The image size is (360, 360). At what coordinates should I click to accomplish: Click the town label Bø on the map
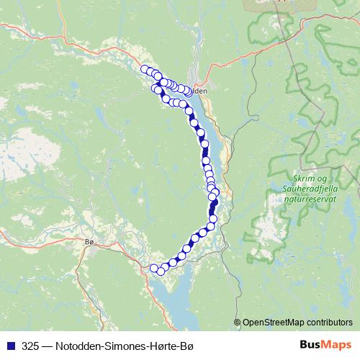click(89, 242)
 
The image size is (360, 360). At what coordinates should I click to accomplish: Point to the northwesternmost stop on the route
click(145, 69)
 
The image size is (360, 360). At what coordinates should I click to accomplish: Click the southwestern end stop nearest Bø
click(153, 269)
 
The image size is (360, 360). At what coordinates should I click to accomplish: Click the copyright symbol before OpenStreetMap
click(238, 322)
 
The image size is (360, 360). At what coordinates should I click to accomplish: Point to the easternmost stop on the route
click(215, 192)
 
